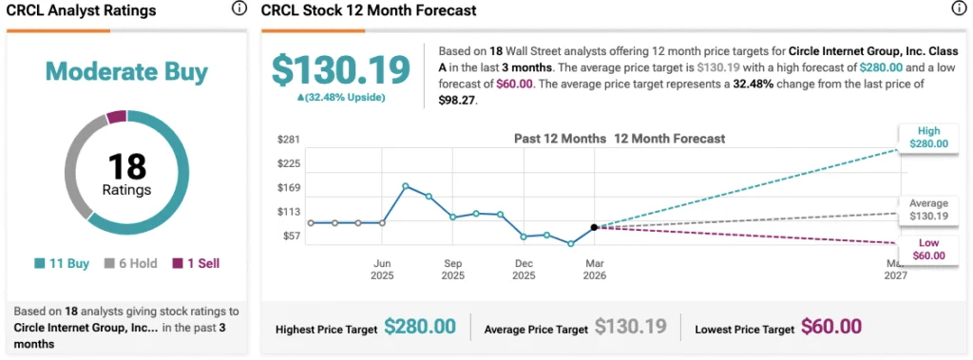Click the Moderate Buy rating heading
click(x=126, y=71)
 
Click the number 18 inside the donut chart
click(x=126, y=166)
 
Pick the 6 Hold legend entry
click(x=129, y=263)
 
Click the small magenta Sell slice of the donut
click(x=116, y=117)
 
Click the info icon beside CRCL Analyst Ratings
click(x=239, y=9)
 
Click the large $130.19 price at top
click(x=340, y=69)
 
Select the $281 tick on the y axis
click(x=288, y=139)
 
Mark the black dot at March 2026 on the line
click(x=594, y=227)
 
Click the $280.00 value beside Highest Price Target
click(x=420, y=328)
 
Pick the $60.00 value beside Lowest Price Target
click(x=830, y=328)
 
